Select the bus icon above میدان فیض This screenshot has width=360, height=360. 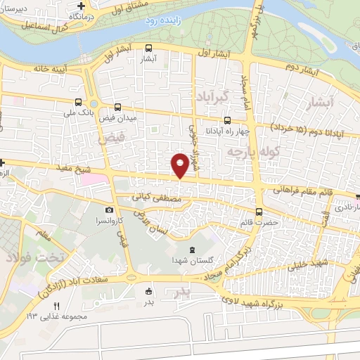pos(117,108)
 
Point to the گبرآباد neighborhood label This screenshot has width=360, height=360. pos(212,96)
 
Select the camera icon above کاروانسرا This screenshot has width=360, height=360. pos(108,210)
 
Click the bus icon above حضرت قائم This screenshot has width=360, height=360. pos(259,211)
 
